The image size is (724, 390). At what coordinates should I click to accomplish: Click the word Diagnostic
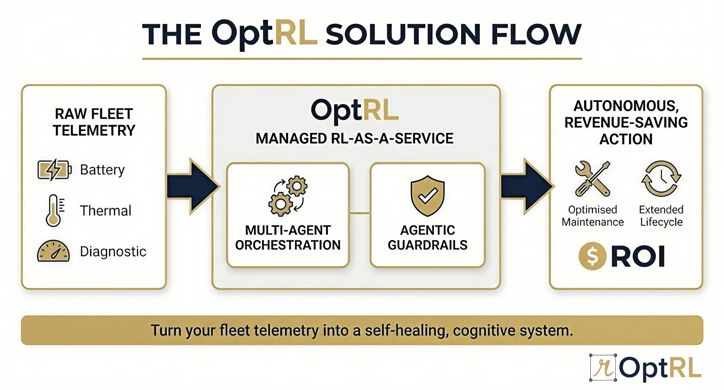tap(113, 251)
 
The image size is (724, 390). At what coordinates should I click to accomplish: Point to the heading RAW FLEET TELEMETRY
tap(94, 122)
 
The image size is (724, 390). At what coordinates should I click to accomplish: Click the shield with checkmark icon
tap(428, 196)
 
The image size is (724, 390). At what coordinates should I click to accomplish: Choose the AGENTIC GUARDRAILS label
tap(428, 237)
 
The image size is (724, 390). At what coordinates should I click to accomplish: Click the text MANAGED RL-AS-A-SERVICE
tap(354, 139)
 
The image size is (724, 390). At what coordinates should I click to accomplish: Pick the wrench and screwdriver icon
tap(592, 179)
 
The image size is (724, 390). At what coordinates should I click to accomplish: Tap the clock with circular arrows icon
tap(661, 179)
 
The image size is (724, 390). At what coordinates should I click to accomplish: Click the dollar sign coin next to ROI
tap(592, 256)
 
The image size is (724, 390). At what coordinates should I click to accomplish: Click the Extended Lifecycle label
tap(661, 216)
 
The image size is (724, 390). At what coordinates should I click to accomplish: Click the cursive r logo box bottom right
tap(603, 368)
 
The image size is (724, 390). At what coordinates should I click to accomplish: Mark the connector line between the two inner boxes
tap(360, 213)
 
